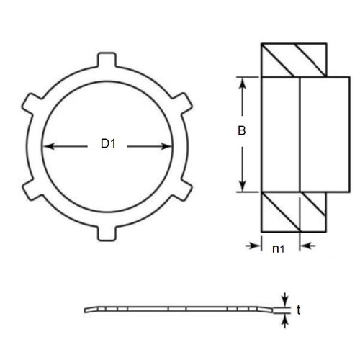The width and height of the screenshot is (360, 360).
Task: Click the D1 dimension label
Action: tap(108, 145)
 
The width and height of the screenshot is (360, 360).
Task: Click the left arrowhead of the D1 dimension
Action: tap(48, 145)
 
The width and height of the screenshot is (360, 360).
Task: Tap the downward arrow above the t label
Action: tap(286, 300)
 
